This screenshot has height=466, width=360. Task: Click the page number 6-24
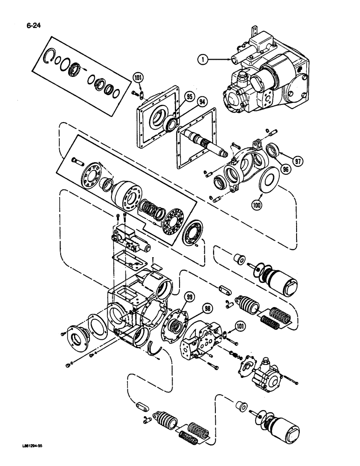point(28,20)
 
